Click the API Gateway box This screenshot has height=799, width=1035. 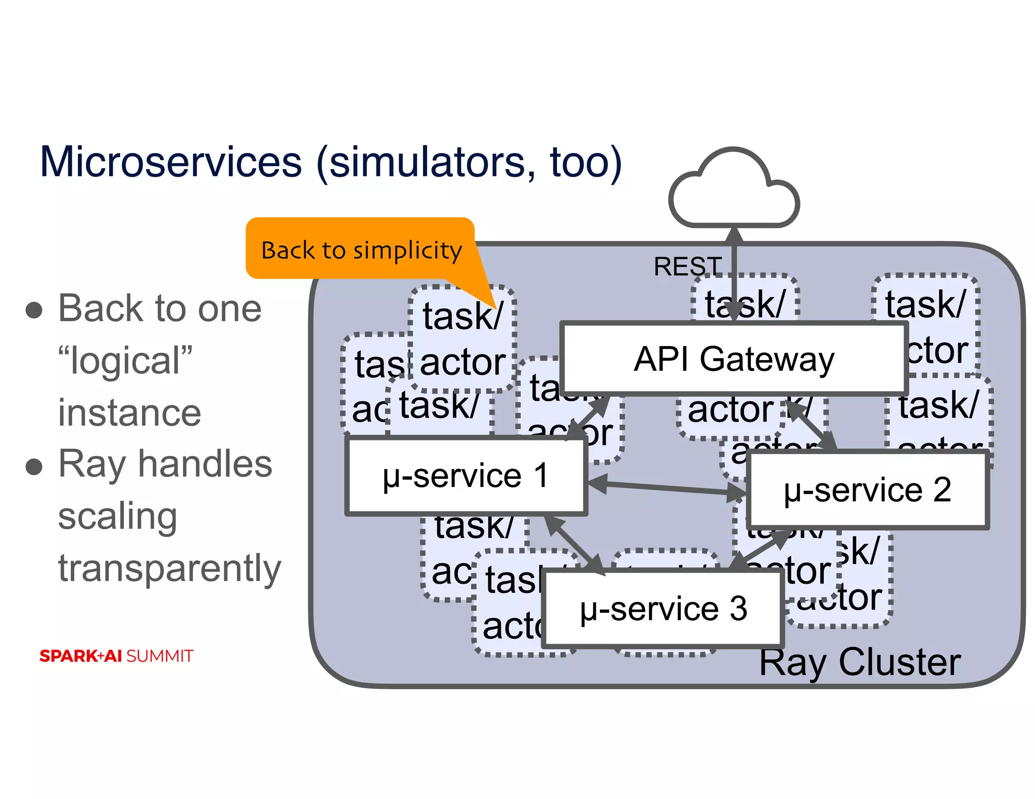pyautogui.click(x=733, y=359)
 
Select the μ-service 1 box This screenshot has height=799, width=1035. pyautogui.click(x=465, y=476)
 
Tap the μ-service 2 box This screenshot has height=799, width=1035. pyautogui.click(x=867, y=490)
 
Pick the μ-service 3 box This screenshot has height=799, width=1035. pyautogui.click(x=663, y=609)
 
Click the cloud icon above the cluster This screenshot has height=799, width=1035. pyautogui.click(x=733, y=192)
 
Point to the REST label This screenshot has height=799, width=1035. pyautogui.click(x=687, y=266)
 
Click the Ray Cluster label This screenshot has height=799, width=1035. pyautogui.click(x=860, y=662)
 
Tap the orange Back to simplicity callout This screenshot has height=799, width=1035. pyautogui.click(x=360, y=249)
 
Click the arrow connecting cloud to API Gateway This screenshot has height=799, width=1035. pyautogui.click(x=734, y=275)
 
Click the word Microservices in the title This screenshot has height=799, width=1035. pyautogui.click(x=171, y=162)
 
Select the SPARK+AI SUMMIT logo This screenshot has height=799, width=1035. pyautogui.click(x=116, y=656)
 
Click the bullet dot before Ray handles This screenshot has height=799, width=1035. pyautogui.click(x=34, y=466)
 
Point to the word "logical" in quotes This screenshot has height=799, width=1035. pyautogui.click(x=125, y=361)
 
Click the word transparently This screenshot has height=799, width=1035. pyautogui.click(x=169, y=569)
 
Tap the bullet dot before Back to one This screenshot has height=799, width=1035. pyautogui.click(x=34, y=310)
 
